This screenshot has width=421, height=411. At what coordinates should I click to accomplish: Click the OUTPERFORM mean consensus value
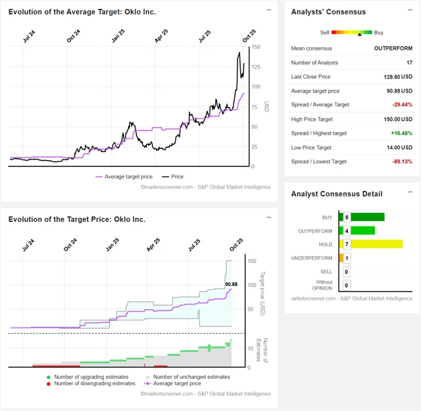[x=393, y=48]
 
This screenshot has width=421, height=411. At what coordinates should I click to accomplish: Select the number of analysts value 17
[x=409, y=62]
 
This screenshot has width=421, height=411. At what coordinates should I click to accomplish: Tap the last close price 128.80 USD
[x=397, y=77]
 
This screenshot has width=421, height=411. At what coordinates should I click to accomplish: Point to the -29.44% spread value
[x=401, y=104]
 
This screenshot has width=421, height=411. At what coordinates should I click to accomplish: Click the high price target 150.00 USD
[x=397, y=119]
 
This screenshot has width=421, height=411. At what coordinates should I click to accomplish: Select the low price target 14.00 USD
[x=399, y=147]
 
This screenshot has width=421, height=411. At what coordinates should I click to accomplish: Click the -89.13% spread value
[x=401, y=162]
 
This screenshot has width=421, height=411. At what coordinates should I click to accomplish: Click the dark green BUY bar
[x=367, y=217]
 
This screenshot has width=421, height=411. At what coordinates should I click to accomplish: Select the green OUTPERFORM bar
[x=362, y=230]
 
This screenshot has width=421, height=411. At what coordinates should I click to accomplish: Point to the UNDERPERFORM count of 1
[x=347, y=258]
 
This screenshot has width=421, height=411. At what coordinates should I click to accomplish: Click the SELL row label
[x=326, y=271]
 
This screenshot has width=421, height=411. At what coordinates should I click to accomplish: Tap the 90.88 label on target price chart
[x=231, y=284]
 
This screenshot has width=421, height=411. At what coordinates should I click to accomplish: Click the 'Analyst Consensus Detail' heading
[x=337, y=194]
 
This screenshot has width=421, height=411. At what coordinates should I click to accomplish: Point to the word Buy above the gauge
[x=378, y=32]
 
